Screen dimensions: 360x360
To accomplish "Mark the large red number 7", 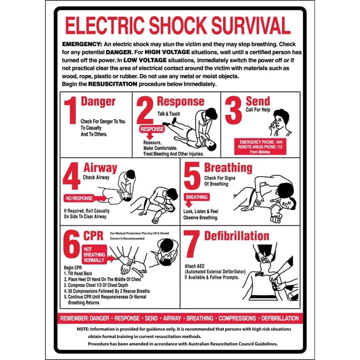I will point(192,245).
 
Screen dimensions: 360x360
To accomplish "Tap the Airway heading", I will point(100,168).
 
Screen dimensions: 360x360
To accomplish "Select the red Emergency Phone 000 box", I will point(261,146).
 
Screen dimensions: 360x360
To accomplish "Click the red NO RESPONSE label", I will point(79,198).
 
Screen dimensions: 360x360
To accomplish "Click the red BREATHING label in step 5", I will point(196,196).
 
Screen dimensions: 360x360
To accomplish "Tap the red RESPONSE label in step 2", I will point(151,129).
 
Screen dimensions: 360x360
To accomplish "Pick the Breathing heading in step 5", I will point(228,168).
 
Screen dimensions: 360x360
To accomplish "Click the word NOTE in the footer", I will point(83,329).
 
